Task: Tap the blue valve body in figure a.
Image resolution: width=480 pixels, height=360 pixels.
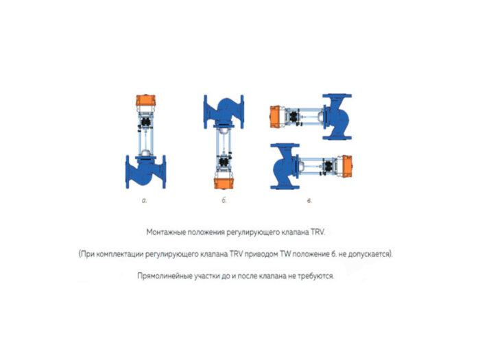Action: pyautogui.click(x=145, y=172)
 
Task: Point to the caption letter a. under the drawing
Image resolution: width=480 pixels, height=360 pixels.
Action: pyautogui.click(x=145, y=201)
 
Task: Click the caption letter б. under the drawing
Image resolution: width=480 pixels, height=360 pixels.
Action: pyautogui.click(x=224, y=201)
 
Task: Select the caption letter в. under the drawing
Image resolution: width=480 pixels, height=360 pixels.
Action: pyautogui.click(x=309, y=201)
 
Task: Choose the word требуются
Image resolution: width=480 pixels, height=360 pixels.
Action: pyautogui.click(x=315, y=276)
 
